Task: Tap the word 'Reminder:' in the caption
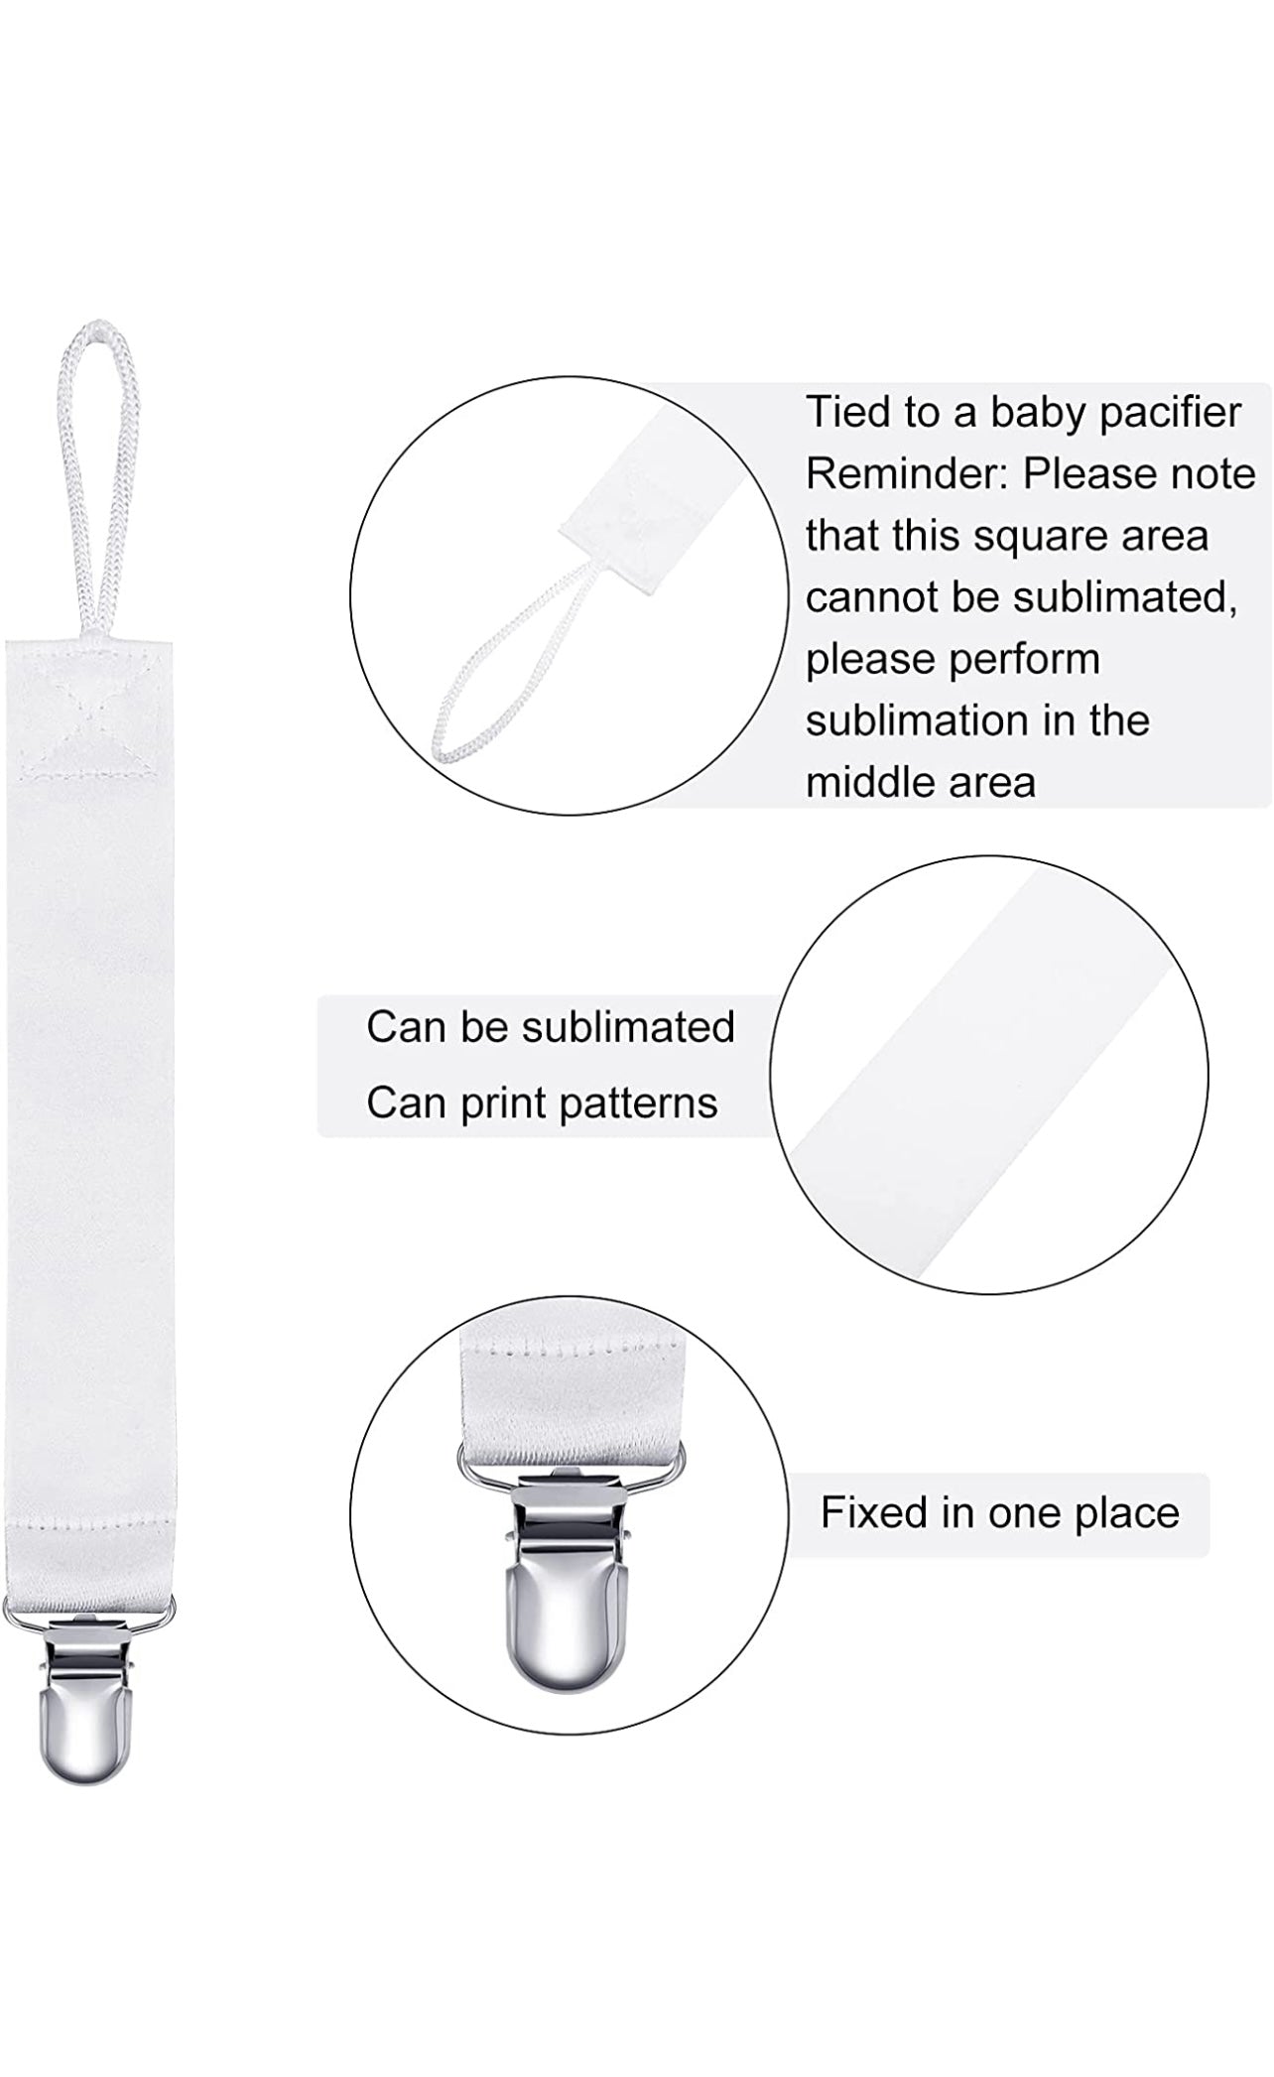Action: (907, 474)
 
